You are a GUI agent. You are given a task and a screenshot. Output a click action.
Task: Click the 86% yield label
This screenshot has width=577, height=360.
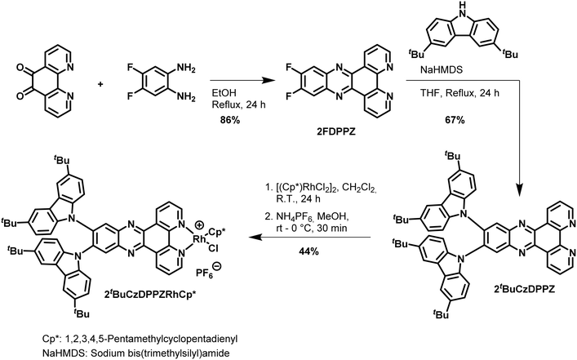click(229, 120)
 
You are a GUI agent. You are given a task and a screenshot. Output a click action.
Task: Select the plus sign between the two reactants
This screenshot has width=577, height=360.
click(100, 84)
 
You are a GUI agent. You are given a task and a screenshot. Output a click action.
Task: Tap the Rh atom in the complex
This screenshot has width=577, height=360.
click(201, 238)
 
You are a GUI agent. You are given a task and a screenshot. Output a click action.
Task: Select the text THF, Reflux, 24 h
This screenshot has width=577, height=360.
click(459, 93)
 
